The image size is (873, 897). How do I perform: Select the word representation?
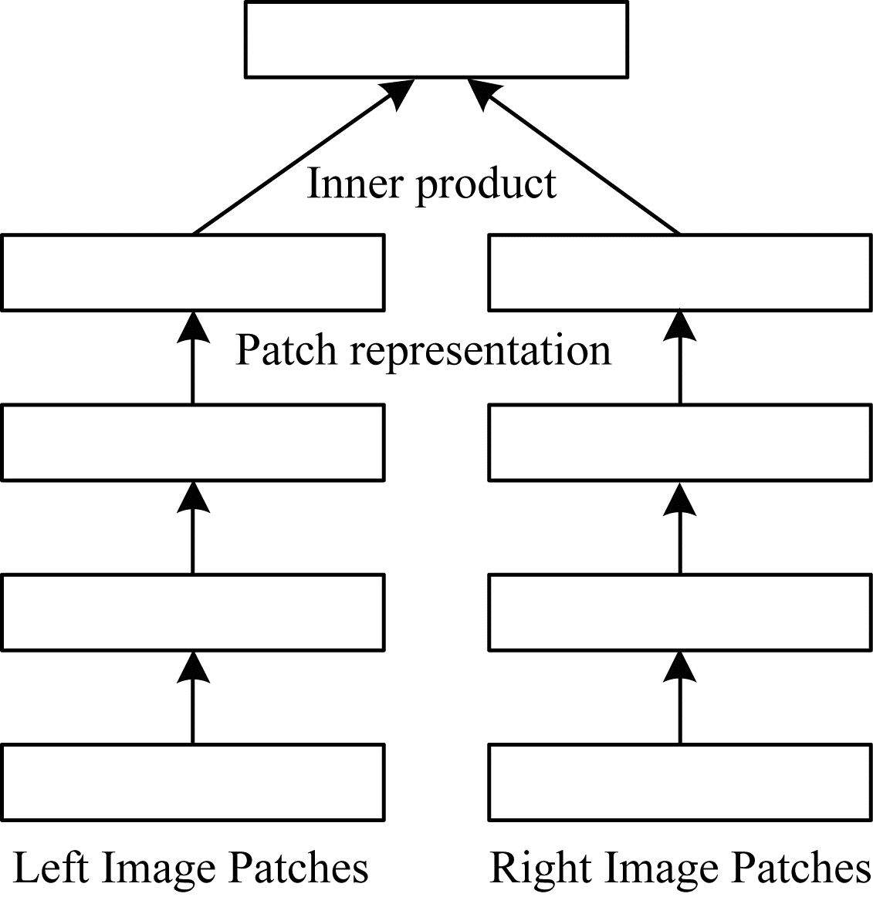pyautogui.click(x=480, y=351)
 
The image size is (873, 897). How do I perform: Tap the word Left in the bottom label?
pyautogui.click(x=51, y=867)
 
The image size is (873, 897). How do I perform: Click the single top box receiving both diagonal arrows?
pyautogui.click(x=436, y=39)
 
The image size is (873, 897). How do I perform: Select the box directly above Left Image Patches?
pyautogui.click(x=193, y=781)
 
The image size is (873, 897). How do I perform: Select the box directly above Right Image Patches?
pyautogui.click(x=680, y=781)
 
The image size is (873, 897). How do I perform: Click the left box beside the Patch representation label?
pyautogui.click(x=193, y=273)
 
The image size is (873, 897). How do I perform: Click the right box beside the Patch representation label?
pyautogui.click(x=680, y=273)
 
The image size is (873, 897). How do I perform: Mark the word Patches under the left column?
pyautogui.click(x=299, y=867)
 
